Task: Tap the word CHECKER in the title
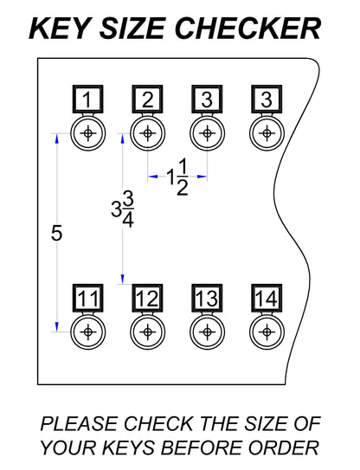coord(247,29)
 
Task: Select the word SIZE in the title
coord(132,29)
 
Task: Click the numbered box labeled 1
coord(87,100)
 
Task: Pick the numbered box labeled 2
coord(147,100)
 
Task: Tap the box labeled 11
coord(87,299)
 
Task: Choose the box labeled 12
coord(147,299)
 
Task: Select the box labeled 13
coord(207,299)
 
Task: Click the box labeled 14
coord(267,299)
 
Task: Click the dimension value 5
coord(56,233)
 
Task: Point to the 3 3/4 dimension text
coord(122,209)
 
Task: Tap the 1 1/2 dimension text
coord(177,177)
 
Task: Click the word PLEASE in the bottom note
coord(79,424)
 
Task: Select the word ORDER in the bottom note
coord(284,447)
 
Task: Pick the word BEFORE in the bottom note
coord(202,447)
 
